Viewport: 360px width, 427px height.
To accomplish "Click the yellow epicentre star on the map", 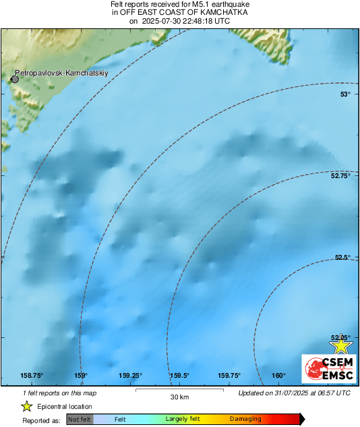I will pos(342,345).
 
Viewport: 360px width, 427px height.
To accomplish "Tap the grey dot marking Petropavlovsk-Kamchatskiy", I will pos(15,79).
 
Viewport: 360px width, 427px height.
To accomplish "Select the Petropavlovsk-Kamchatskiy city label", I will pos(61,72).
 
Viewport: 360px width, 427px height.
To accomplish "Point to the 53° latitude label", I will pos(344,94).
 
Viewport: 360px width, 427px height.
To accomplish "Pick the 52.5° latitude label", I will pos(342,257).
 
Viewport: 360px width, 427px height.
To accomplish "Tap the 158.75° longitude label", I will pos(32,376).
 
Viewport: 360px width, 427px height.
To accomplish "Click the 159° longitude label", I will pos(82,376).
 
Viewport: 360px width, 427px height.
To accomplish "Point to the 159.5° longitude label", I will pos(179,376).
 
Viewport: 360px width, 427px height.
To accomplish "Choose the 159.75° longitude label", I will pos(229,376).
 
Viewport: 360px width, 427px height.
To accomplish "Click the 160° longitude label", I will pos(278,376).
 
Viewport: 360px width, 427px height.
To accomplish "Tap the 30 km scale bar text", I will pos(179,396).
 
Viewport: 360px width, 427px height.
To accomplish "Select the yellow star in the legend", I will pos(27,406).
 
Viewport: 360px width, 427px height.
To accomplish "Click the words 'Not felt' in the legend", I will pos(80,420).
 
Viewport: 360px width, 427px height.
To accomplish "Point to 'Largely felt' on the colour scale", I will pos(183,420).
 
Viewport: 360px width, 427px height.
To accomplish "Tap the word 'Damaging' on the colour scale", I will pos(245,420).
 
